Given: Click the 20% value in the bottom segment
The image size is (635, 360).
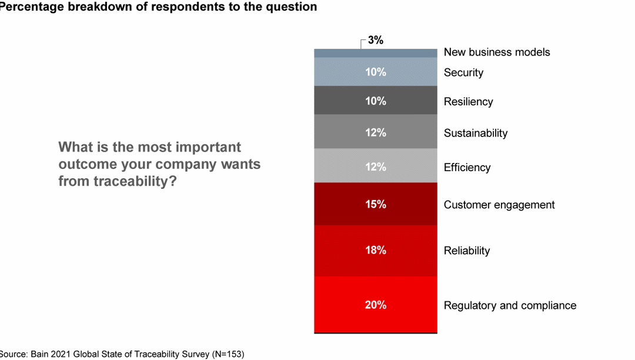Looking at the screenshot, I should [x=375, y=305].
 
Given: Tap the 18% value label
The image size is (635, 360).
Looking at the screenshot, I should [x=375, y=250].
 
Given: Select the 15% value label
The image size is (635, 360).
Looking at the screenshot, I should [x=375, y=204].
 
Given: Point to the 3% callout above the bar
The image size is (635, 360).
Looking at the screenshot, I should [x=376, y=41].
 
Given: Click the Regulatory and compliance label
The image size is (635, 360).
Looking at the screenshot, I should [x=510, y=305].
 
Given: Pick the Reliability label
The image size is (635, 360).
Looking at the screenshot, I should [x=466, y=251].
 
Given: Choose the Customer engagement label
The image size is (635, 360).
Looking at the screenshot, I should [x=499, y=205].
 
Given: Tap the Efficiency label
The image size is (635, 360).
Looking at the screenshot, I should [x=467, y=168].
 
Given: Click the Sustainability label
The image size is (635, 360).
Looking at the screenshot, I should [x=475, y=133].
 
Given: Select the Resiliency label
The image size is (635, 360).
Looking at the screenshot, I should [x=468, y=102].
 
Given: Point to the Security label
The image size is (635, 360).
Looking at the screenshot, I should [x=463, y=72].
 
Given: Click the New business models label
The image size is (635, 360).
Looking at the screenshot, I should [x=497, y=52].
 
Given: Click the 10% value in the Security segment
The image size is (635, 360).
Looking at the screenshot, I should [x=375, y=72].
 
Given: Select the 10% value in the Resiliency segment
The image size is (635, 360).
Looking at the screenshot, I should [x=375, y=101].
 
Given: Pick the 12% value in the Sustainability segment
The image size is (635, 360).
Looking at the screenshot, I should [x=375, y=132].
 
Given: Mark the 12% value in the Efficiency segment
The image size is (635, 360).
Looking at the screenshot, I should [x=375, y=167].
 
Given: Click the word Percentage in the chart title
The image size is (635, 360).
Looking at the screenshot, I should [x=31, y=7].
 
